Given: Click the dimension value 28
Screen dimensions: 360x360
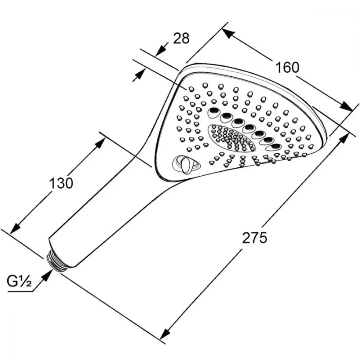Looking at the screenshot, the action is point(181,38).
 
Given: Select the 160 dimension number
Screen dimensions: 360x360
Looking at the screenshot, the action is point(287,68).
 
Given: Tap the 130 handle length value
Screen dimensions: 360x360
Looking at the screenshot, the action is point(61,183).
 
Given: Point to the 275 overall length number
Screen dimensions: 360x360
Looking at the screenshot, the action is point(255,238).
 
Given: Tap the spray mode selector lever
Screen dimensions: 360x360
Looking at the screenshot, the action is point(186,165).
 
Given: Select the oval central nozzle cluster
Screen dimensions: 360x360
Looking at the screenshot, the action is point(231,138).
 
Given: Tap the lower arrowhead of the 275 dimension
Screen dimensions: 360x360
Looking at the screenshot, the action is point(165,333).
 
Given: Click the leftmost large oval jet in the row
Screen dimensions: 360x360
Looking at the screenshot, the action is point(214,112).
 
